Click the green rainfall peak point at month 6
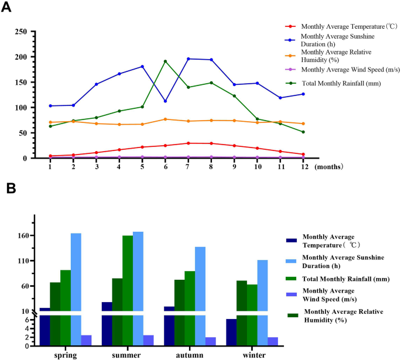[x=165, y=61]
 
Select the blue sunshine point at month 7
[x=188, y=59]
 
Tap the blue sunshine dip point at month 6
[x=165, y=101]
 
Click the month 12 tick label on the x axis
[x=303, y=167]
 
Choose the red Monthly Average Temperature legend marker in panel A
[x=290, y=26]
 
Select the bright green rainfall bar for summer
[x=128, y=290]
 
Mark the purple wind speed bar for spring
[x=87, y=340]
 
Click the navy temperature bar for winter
[x=231, y=332]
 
